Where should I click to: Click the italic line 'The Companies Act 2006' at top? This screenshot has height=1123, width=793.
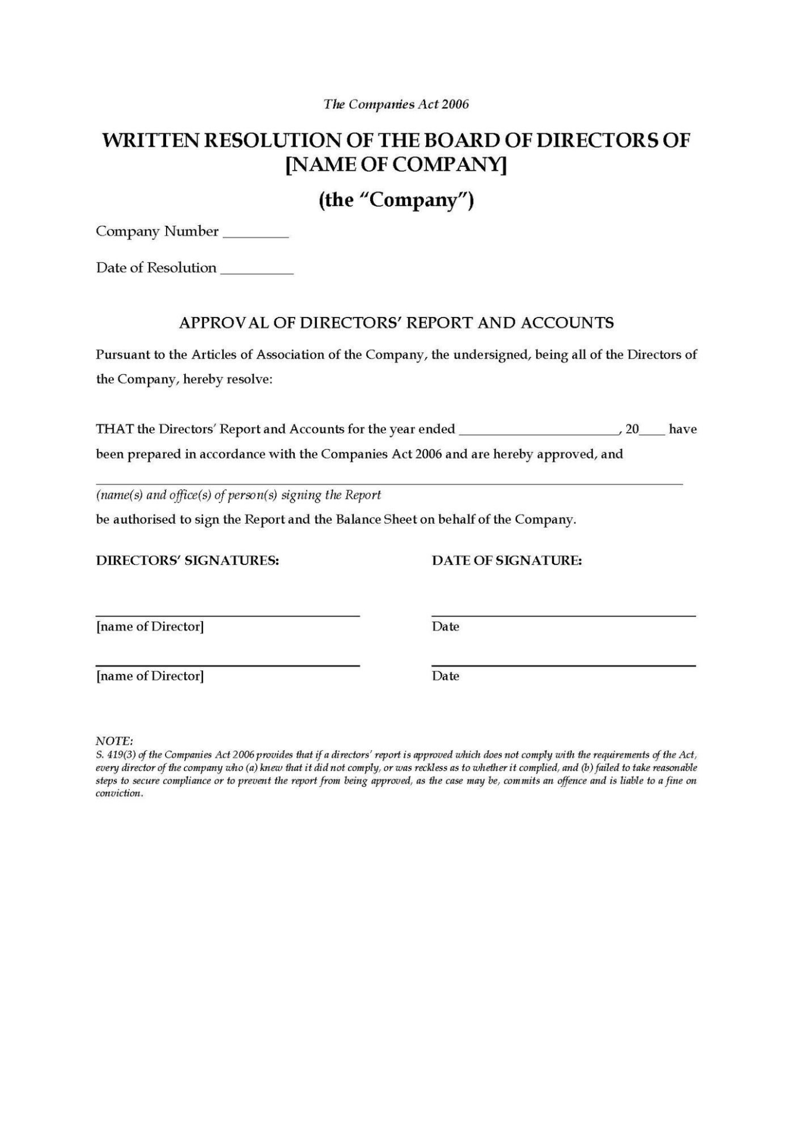click(396, 104)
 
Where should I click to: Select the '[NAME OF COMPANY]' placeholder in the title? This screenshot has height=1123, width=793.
click(396, 165)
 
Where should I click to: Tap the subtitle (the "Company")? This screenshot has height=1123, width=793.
click(396, 200)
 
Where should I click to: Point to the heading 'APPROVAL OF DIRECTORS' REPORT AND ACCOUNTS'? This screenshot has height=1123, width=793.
click(396, 323)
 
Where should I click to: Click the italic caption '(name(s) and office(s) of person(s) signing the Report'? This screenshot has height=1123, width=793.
click(238, 495)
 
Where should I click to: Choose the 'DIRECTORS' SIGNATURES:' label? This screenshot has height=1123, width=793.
click(187, 560)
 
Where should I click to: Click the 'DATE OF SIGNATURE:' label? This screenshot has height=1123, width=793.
click(506, 560)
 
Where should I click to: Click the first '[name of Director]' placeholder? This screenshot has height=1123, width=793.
click(150, 627)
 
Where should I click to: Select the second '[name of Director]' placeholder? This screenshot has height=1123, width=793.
click(150, 676)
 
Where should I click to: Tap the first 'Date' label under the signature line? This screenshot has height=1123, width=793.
click(445, 627)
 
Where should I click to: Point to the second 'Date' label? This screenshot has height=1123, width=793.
click(445, 676)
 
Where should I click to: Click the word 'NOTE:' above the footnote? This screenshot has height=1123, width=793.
click(114, 742)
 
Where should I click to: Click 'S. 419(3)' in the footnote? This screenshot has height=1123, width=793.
click(116, 755)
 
